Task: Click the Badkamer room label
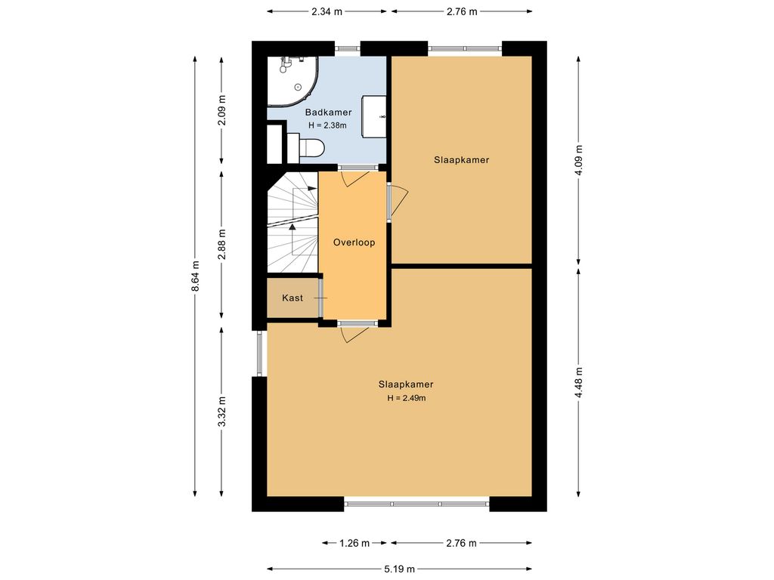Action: coord(328,113)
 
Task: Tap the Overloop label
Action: coord(354,242)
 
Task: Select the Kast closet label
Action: coord(293,298)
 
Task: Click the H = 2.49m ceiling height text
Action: coord(406,398)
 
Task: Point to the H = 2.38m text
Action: coord(328,125)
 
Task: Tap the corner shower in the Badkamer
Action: coord(293,82)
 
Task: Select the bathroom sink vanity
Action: coord(373,116)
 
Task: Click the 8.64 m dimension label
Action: coord(196,276)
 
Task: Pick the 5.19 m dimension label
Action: coord(399,569)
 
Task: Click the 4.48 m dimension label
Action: coord(578,382)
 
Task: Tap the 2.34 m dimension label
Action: coord(327,11)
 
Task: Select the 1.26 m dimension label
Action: coord(354,543)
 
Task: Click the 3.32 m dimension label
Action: coord(222,412)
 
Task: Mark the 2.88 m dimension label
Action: coord(222,244)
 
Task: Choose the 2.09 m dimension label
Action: coord(222,110)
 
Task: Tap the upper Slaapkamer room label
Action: coord(462,160)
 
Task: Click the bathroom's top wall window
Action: coord(348,48)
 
